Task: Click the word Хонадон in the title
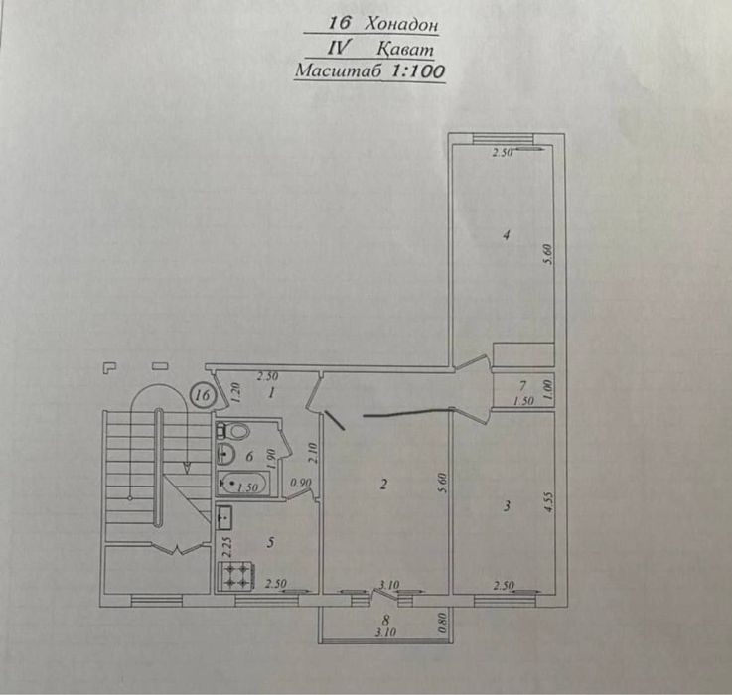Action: click(x=401, y=24)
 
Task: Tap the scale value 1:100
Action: click(x=417, y=70)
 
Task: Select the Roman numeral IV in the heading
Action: click(x=337, y=48)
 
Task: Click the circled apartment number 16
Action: click(x=203, y=395)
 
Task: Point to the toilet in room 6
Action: click(x=233, y=431)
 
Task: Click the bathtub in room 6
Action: click(x=243, y=484)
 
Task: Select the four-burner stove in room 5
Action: click(x=235, y=576)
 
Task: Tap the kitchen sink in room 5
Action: click(x=224, y=517)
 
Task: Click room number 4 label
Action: click(x=507, y=234)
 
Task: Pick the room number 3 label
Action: click(x=507, y=506)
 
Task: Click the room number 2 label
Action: click(x=383, y=485)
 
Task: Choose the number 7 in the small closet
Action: click(x=522, y=386)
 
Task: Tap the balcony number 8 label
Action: click(x=385, y=621)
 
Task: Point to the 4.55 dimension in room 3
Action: click(x=549, y=502)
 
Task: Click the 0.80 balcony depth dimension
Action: click(x=443, y=624)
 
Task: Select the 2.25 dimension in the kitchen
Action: click(x=227, y=547)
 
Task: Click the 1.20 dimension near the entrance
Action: click(x=235, y=392)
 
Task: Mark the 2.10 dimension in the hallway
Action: click(x=313, y=453)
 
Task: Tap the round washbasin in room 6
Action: click(x=226, y=453)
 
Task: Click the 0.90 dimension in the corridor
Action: click(x=301, y=483)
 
